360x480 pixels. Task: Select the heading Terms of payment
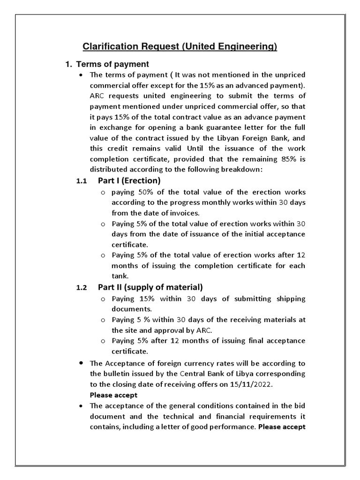(112, 64)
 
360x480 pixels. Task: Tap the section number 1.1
(82, 181)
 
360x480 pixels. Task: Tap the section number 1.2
(82, 288)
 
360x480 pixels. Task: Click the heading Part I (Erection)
(129, 181)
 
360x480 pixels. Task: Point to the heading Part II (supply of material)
(150, 287)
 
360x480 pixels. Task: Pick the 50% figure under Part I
(145, 192)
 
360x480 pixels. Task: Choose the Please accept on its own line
(113, 395)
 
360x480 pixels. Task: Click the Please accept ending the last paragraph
(282, 427)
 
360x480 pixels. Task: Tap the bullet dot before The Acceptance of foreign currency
(82, 363)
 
